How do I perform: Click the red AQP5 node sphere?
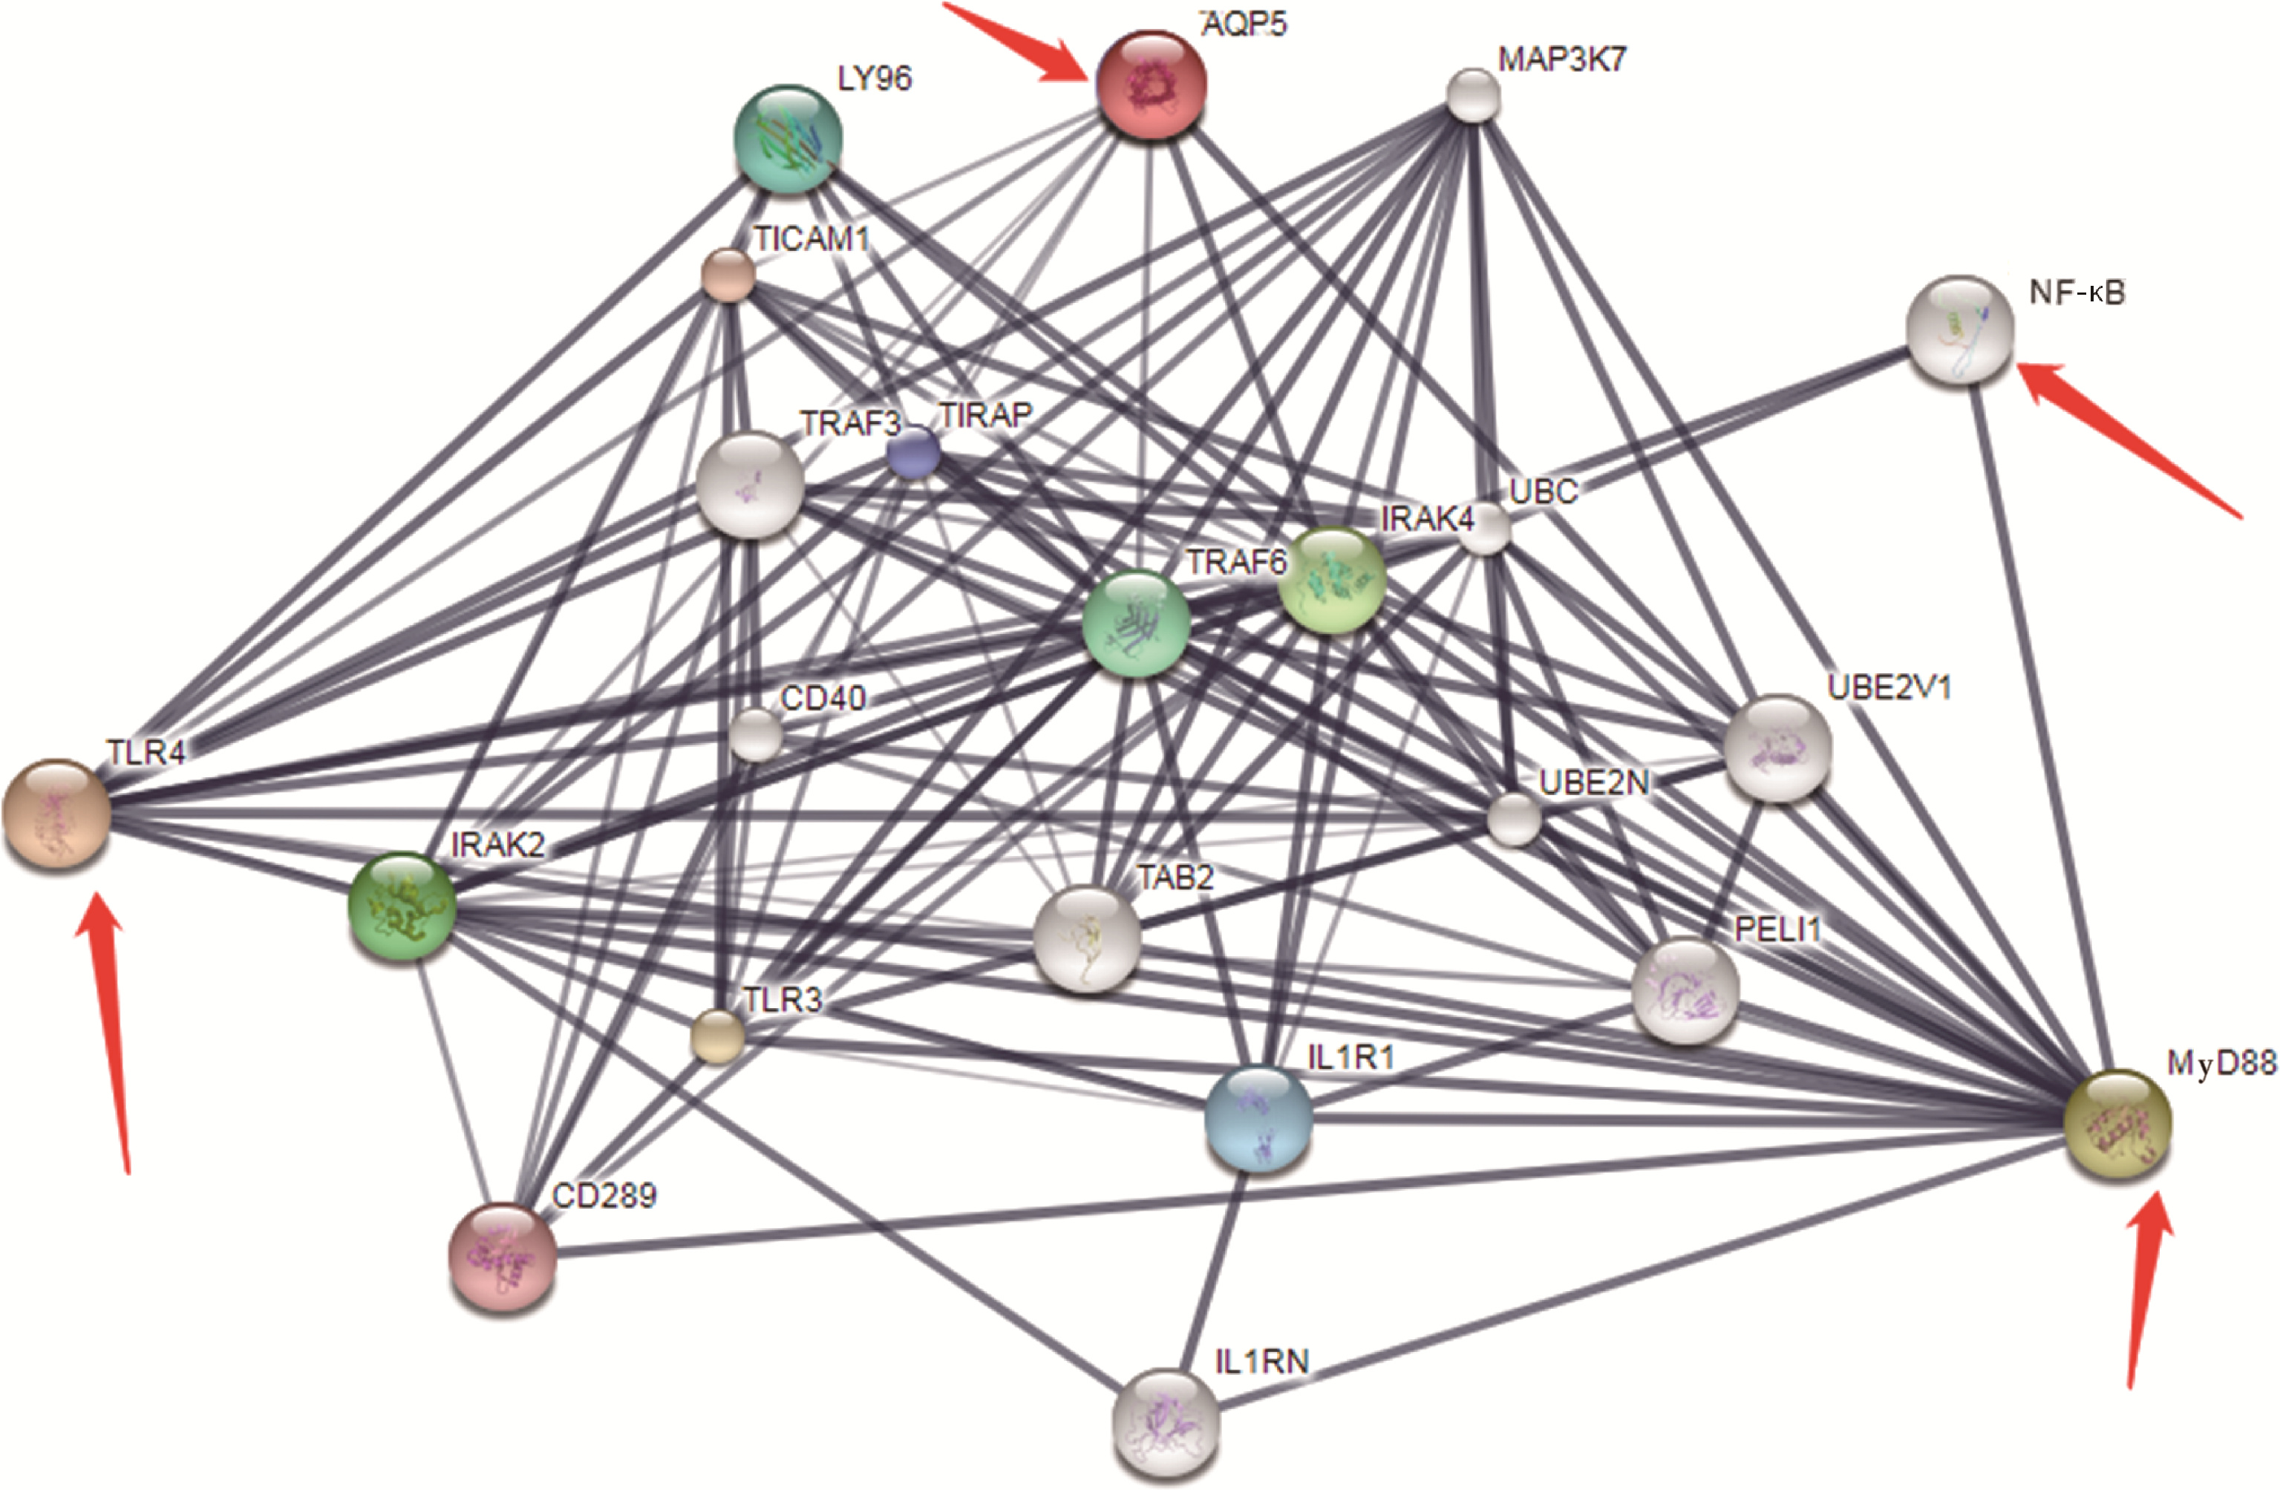pos(1152,85)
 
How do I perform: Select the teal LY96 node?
pos(788,137)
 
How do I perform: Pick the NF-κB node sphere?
pos(1961,330)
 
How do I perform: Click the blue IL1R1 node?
pos(1257,1118)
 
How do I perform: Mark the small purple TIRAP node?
pos(913,452)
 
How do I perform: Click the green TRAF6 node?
pos(1136,624)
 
